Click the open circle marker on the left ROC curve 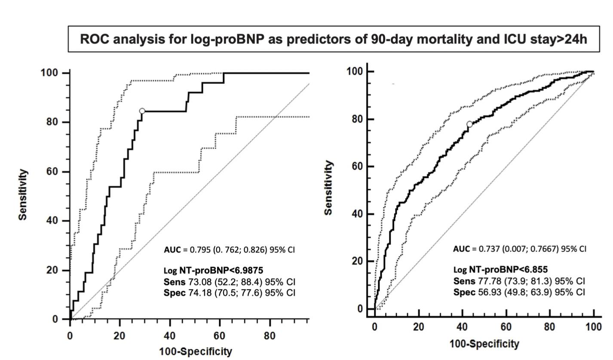142,111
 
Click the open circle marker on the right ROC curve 469,124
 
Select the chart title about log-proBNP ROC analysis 334,39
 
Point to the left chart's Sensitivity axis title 23,195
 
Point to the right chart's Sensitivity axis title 329,188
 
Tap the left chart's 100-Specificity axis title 196,351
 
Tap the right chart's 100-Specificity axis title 484,344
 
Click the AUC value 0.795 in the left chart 199,250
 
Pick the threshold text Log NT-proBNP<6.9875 213,271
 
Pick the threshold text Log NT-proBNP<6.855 500,270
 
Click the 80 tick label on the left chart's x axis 270,336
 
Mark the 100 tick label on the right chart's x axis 594,327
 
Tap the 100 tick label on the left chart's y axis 49,73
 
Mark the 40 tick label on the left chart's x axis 170,336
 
